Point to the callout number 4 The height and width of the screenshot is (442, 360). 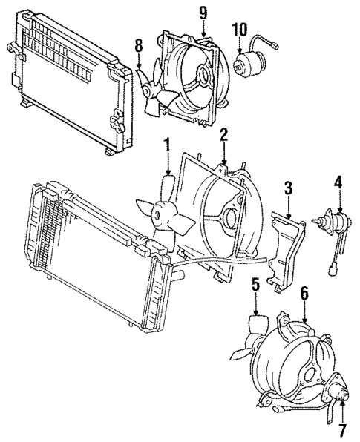pyautogui.click(x=338, y=180)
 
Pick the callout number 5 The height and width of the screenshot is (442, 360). pyautogui.click(x=255, y=284)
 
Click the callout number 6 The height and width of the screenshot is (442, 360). pyautogui.click(x=304, y=294)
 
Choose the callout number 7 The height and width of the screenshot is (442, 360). pyautogui.click(x=343, y=428)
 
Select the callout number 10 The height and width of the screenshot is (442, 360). pyautogui.click(x=239, y=29)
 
